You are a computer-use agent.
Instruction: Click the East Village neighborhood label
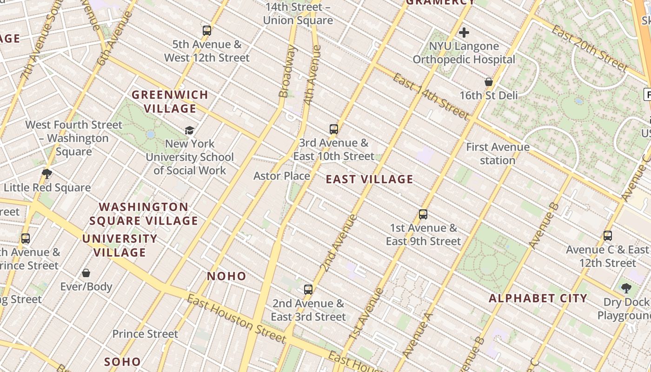click(369, 179)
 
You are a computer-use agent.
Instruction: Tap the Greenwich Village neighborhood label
click(170, 102)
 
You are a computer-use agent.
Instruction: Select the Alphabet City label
click(538, 299)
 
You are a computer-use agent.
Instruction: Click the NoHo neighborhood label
click(226, 276)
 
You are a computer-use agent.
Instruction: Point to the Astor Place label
click(282, 176)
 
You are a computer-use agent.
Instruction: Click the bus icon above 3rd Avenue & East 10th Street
click(333, 129)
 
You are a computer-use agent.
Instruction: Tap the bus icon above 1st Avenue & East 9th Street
click(423, 214)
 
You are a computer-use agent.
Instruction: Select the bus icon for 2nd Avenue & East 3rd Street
click(308, 290)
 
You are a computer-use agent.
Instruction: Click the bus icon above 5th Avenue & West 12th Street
click(207, 31)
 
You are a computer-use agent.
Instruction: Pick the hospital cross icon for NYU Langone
click(464, 33)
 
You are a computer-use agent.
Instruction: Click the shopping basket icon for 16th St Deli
click(489, 82)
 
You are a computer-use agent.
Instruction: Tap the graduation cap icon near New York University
click(189, 130)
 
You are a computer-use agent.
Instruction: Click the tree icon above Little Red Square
click(46, 174)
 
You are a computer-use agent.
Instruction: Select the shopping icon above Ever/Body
click(86, 273)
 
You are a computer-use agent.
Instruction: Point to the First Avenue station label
click(498, 154)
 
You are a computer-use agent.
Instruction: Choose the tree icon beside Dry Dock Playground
click(626, 288)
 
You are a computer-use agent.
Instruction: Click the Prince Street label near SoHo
click(145, 334)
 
